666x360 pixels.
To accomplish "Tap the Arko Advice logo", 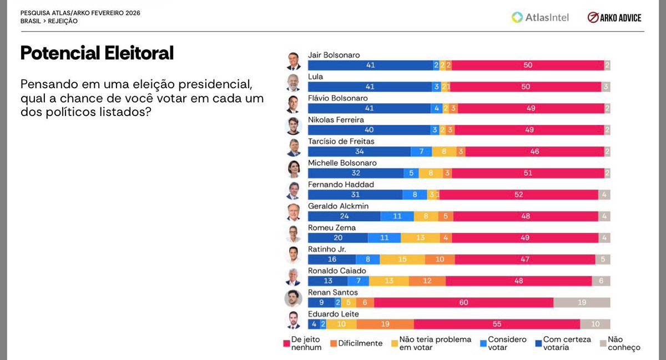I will pos(614,17).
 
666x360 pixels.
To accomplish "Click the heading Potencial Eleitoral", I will pos(97,53).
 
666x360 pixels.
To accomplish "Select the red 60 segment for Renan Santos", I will pos(463,302).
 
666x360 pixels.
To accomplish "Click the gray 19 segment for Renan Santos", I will pos(582,302).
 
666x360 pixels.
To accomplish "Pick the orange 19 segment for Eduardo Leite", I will pos(385,324).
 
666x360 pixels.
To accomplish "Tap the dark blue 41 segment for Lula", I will pos(370,87).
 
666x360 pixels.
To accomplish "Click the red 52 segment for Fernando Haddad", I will pos(518,194).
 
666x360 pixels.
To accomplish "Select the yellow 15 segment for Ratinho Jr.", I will pos(402,259).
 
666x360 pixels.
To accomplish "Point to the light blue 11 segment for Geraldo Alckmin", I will pos(397,216).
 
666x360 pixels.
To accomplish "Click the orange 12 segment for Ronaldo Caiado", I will pos(427,281).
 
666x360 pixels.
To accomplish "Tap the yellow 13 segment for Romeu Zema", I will pos(420,237).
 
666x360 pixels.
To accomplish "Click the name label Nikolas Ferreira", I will pos(336,120).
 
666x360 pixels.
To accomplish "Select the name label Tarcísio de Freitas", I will pos(341,141).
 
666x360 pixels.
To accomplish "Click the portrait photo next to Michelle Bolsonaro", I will pos(293,169).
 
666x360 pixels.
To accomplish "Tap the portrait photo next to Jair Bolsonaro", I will pos(293,60).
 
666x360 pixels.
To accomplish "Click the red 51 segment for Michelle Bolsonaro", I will pos(527,173).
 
